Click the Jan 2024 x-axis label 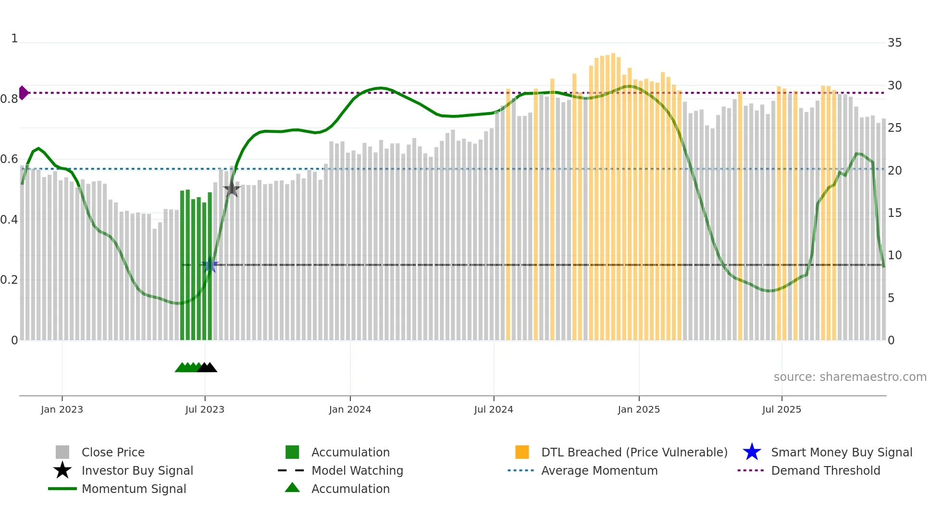coord(350,409)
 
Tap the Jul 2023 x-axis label coord(205,409)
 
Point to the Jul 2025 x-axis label coord(781,409)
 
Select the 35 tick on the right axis coord(894,43)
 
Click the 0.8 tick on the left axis coord(9,99)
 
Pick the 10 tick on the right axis coord(894,255)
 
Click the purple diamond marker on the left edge coord(23,93)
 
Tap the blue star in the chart coord(210,265)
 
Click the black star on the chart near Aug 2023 coord(232,189)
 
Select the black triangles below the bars coord(207,367)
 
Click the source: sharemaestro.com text coord(850,377)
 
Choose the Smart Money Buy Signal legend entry coord(841,452)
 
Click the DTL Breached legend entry coord(634,452)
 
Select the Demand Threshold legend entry coord(825,470)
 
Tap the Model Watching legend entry coord(357,470)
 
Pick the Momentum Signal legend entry coord(134,489)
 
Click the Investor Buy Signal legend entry coord(137,470)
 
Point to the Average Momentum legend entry coord(599,470)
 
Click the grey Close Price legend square coord(62,452)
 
